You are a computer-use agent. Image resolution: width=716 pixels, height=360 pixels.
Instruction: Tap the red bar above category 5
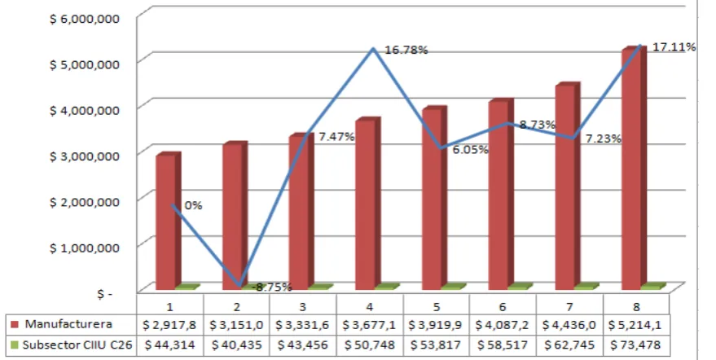tap(434, 198)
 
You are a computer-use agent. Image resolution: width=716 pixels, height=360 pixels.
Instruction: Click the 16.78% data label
tap(406, 50)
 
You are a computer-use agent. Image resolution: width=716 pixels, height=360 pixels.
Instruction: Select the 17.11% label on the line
tap(674, 46)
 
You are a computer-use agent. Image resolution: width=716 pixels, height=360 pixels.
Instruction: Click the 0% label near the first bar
tap(193, 205)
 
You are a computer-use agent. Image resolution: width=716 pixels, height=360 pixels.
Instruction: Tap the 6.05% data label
tap(470, 149)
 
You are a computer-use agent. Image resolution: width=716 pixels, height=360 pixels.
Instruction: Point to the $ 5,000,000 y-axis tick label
tap(85, 64)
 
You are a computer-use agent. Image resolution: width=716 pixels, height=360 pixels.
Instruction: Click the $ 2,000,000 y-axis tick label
tap(85, 201)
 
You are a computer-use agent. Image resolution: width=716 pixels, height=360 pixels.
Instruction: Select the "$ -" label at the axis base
tap(104, 294)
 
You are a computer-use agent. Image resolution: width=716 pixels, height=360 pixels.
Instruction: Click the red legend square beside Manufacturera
tap(15, 324)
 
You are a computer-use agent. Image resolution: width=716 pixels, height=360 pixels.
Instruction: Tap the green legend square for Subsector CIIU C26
tap(15, 345)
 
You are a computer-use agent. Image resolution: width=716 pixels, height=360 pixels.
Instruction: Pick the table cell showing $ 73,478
tap(636, 345)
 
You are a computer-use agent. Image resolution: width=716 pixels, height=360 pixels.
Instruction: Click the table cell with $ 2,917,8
tap(169, 325)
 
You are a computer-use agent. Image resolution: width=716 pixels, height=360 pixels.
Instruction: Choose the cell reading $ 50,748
tap(370, 345)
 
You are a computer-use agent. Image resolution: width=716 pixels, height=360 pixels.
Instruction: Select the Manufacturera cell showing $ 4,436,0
tap(569, 325)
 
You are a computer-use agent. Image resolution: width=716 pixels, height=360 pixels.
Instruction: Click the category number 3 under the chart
tap(303, 306)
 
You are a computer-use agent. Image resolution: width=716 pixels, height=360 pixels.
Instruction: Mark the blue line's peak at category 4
tap(374, 48)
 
